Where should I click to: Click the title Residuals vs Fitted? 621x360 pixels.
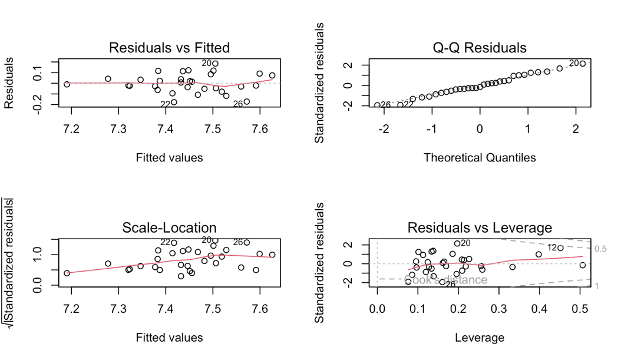click(x=169, y=48)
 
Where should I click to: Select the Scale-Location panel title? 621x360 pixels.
click(x=169, y=228)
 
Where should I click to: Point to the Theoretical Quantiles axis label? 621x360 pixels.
click(x=480, y=157)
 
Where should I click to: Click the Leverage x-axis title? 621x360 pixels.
click(x=480, y=338)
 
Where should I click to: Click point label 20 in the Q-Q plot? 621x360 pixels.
click(x=573, y=63)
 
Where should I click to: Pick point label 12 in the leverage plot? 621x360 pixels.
click(x=551, y=247)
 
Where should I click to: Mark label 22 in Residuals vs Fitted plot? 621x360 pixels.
click(x=166, y=104)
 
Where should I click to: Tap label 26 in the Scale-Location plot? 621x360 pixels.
click(x=238, y=242)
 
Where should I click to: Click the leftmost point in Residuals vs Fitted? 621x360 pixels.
click(x=67, y=84)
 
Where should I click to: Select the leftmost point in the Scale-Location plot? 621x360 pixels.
click(x=67, y=273)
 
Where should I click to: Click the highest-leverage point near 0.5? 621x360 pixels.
click(x=583, y=265)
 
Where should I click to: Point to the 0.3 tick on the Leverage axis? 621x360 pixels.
click(x=499, y=309)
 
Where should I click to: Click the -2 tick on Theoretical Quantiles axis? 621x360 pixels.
click(x=384, y=128)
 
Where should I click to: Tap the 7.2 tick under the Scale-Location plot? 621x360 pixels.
click(x=71, y=309)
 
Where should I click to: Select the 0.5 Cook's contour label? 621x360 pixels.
click(x=601, y=249)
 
